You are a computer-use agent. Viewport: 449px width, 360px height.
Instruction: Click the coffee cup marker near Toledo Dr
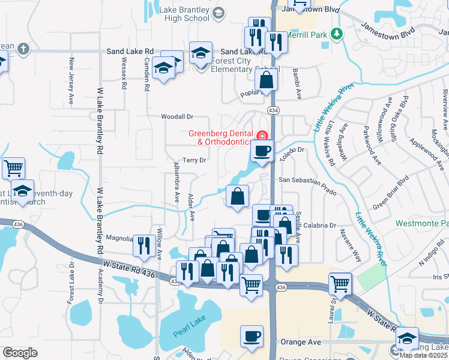point(262,151)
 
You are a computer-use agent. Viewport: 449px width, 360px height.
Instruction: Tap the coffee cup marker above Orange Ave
point(252,336)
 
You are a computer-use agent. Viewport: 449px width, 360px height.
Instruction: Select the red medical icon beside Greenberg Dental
point(262,134)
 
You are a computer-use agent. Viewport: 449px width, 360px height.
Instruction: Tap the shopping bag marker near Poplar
point(268,79)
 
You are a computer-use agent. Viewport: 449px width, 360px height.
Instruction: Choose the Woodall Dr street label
point(177,117)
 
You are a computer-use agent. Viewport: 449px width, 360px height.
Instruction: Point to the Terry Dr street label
point(194,160)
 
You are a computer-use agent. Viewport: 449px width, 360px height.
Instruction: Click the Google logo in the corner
point(20,353)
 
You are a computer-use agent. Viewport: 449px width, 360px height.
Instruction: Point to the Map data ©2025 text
point(424,355)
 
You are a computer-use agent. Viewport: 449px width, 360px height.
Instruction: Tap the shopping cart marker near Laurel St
point(340,283)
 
